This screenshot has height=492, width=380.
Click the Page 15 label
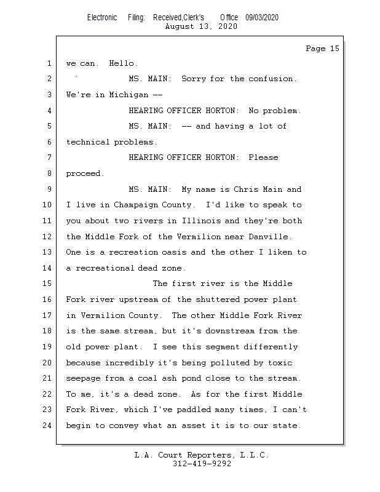point(322,49)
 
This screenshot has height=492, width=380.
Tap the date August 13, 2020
point(201,26)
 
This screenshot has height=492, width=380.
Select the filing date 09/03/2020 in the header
point(262,17)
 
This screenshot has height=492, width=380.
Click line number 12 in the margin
point(48,237)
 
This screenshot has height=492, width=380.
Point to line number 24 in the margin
point(48,426)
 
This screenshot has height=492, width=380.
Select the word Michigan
point(129,95)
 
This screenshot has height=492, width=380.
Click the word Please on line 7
point(263,157)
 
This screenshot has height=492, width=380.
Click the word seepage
point(83,379)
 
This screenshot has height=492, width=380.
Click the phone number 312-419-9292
point(201,464)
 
